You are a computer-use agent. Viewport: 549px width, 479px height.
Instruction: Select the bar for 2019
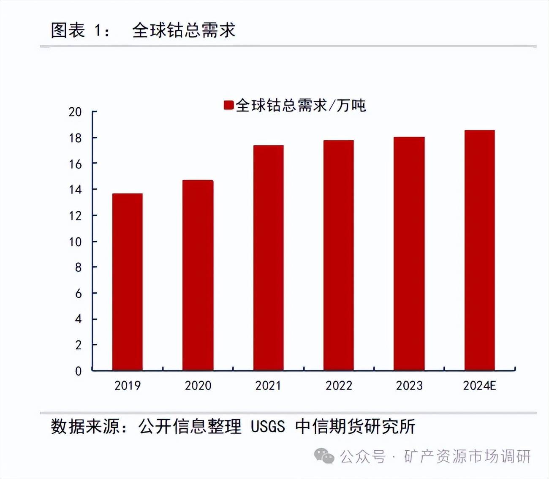(x=127, y=282)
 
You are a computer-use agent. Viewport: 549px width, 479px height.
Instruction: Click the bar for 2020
(x=198, y=275)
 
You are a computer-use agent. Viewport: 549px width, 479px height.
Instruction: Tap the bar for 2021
(x=268, y=258)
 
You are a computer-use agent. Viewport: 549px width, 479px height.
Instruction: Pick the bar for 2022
(x=338, y=255)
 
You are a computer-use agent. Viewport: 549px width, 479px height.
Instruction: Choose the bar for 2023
(x=409, y=253)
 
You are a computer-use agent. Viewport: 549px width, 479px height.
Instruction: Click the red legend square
(x=228, y=105)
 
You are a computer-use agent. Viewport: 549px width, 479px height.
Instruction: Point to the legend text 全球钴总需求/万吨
(x=300, y=105)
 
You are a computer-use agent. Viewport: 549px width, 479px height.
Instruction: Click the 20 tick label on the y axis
(x=75, y=112)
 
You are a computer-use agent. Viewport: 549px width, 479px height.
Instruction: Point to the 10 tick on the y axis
(x=75, y=242)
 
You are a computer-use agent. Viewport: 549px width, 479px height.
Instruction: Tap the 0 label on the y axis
(x=78, y=371)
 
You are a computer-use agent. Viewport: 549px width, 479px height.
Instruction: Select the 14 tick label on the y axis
(x=75, y=190)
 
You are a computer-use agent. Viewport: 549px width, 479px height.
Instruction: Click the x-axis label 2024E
(x=479, y=386)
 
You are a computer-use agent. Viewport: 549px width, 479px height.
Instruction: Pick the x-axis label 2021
(x=268, y=386)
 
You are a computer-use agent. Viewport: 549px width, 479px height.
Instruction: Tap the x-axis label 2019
(x=127, y=386)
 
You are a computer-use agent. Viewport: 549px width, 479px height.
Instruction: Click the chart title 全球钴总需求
(x=184, y=30)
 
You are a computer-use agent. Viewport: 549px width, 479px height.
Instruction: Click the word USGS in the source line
(x=268, y=427)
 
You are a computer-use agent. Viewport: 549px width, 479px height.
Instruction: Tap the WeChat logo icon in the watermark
(x=324, y=456)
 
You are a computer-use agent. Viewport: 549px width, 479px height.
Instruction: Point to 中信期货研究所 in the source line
(x=355, y=427)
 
